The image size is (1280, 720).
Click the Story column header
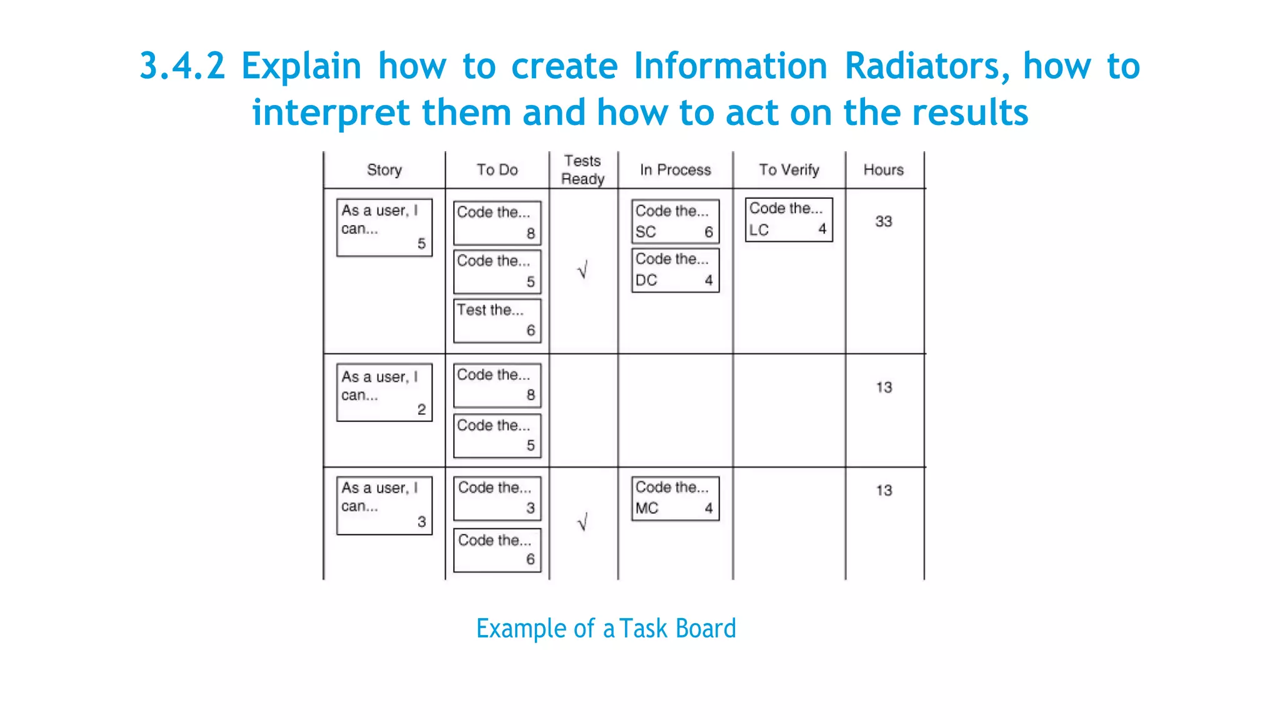pyautogui.click(x=384, y=170)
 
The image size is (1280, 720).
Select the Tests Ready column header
pyautogui.click(x=582, y=170)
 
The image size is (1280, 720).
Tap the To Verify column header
pyautogui.click(x=789, y=170)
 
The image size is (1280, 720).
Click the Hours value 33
pyautogui.click(x=883, y=221)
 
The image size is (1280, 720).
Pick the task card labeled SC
pyautogui.click(x=675, y=221)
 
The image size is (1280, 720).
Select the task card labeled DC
pyautogui.click(x=675, y=270)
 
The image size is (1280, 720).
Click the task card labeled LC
pyautogui.click(x=789, y=219)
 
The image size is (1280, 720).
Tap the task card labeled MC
pyautogui.click(x=675, y=498)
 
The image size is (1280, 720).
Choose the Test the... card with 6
pyautogui.click(x=497, y=321)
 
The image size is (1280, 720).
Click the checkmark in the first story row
pyautogui.click(x=582, y=270)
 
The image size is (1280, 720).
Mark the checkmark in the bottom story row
pyautogui.click(x=582, y=522)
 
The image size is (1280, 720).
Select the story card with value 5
pyautogui.click(x=384, y=227)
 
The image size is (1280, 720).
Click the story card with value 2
pyautogui.click(x=384, y=392)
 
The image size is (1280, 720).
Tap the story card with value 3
pyautogui.click(x=384, y=505)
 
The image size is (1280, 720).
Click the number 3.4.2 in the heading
pyautogui.click(x=182, y=66)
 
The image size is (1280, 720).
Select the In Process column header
pyautogui.click(x=675, y=170)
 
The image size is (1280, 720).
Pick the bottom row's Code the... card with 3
pyautogui.click(x=497, y=498)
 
